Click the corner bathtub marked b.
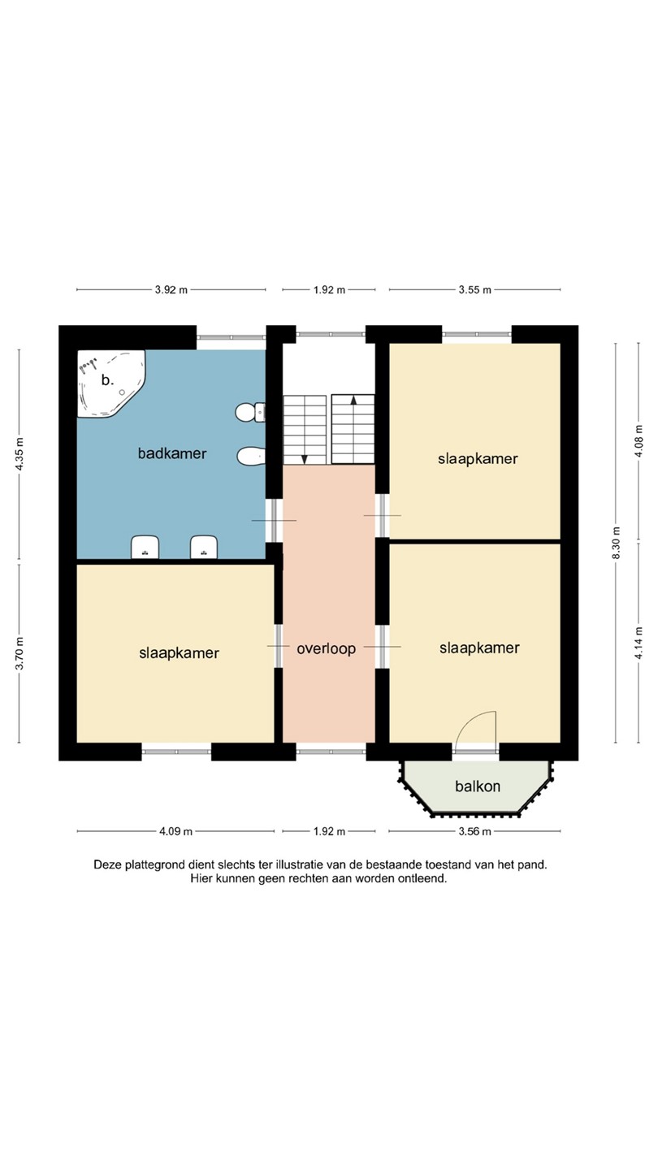click(110, 383)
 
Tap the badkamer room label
click(172, 453)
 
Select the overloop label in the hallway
click(326, 648)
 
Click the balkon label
click(478, 786)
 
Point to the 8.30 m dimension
click(617, 544)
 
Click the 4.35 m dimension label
click(19, 454)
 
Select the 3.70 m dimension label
click(19, 653)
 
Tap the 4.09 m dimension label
click(176, 831)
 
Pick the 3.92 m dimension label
click(171, 290)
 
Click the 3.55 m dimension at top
click(475, 290)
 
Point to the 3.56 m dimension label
click(475, 831)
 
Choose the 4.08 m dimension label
click(639, 441)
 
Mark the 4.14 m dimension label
click(639, 643)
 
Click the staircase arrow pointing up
click(353, 429)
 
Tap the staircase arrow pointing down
click(305, 429)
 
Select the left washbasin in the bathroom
click(145, 547)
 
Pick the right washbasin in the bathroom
click(204, 547)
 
